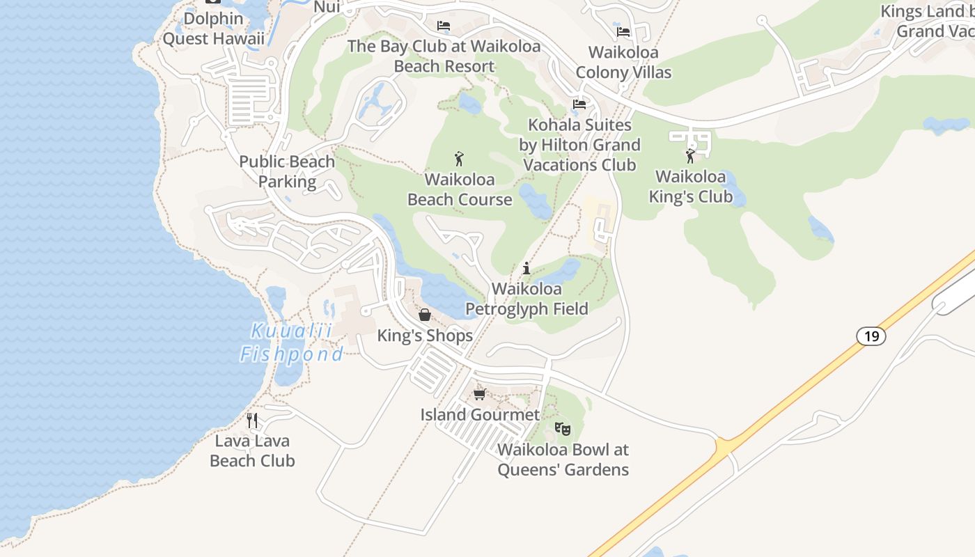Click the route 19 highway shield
pos(871,336)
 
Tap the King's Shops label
pos(425,336)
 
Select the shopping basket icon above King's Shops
pos(425,315)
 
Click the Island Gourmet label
pos(480,415)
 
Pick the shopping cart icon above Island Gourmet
pos(479,395)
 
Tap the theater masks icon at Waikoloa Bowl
pos(563,429)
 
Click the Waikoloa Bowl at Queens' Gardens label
pos(563,460)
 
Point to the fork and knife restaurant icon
pos(252,421)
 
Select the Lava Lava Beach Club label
pos(252,450)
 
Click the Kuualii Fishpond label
pos(291,343)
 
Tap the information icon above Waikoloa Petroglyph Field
pos(526,268)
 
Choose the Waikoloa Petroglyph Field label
pos(526,299)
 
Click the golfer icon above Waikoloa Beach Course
pos(459,159)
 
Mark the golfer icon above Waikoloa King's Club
pos(690,156)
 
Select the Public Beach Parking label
pos(287,171)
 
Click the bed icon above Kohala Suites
pos(579,104)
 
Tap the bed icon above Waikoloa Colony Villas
pos(623,32)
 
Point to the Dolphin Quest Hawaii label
pos(214,29)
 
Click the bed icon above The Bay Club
pos(444,26)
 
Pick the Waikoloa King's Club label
pos(691,187)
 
